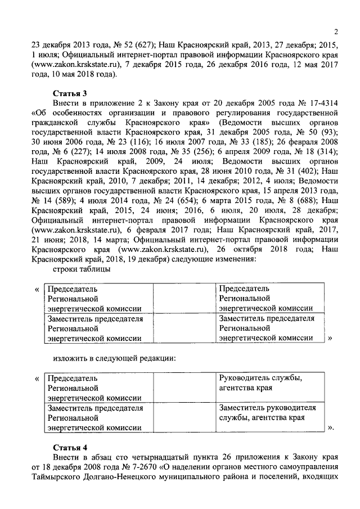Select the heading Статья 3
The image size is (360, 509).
pyautogui.click(x=70, y=93)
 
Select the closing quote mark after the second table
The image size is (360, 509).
pyautogui.click(x=330, y=428)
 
